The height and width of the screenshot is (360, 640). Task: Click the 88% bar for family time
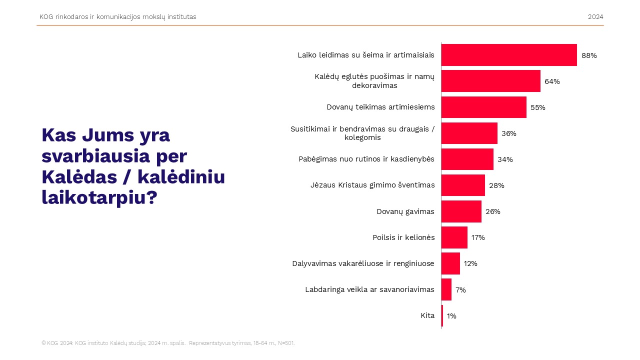pyautogui.click(x=509, y=55)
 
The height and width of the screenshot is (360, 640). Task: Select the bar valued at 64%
pyautogui.click(x=490, y=81)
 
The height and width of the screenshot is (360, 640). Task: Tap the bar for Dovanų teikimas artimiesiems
pyautogui.click(x=483, y=107)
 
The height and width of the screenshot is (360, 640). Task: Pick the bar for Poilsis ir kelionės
pyautogui.click(x=454, y=237)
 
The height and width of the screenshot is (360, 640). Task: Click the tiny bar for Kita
pyautogui.click(x=442, y=315)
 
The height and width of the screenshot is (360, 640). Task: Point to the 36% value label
pyautogui.click(x=508, y=133)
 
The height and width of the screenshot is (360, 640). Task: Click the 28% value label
pyautogui.click(x=496, y=185)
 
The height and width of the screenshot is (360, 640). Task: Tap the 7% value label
pyautogui.click(x=460, y=290)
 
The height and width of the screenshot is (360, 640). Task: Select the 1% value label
pyautogui.click(x=451, y=316)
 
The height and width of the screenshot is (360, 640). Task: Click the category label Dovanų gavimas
pyautogui.click(x=405, y=211)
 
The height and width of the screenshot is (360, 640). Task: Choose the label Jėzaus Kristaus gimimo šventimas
pyautogui.click(x=372, y=185)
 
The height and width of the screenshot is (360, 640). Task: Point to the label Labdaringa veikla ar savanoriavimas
pyautogui.click(x=369, y=289)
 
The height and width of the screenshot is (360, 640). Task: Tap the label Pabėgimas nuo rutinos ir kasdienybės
pyautogui.click(x=366, y=159)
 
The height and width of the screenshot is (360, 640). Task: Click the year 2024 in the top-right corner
pyautogui.click(x=595, y=17)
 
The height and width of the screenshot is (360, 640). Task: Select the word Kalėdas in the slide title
pyautogui.click(x=73, y=177)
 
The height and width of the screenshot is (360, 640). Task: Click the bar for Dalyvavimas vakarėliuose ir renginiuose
pyautogui.click(x=450, y=263)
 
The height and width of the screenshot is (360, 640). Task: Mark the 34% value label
pyautogui.click(x=505, y=159)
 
